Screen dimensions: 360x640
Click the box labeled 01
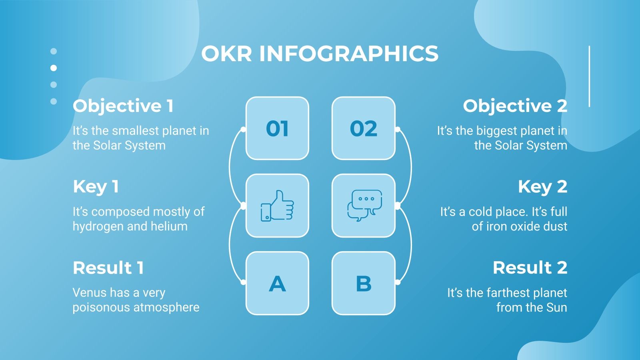click(277, 128)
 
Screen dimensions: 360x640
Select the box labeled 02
click(364, 128)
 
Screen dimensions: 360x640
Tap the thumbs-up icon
click(277, 206)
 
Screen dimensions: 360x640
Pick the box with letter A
click(277, 283)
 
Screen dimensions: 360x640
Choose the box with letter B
click(364, 283)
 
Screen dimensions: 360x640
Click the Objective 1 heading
click(123, 106)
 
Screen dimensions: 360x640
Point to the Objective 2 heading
click(515, 106)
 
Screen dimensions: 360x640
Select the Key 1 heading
click(96, 187)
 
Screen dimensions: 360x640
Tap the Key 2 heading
click(542, 187)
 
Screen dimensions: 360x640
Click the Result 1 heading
click(108, 268)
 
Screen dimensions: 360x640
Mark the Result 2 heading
click(530, 268)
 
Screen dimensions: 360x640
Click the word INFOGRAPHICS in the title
click(349, 54)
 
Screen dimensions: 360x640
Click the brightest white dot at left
click(54, 68)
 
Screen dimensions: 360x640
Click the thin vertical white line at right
click(589, 76)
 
